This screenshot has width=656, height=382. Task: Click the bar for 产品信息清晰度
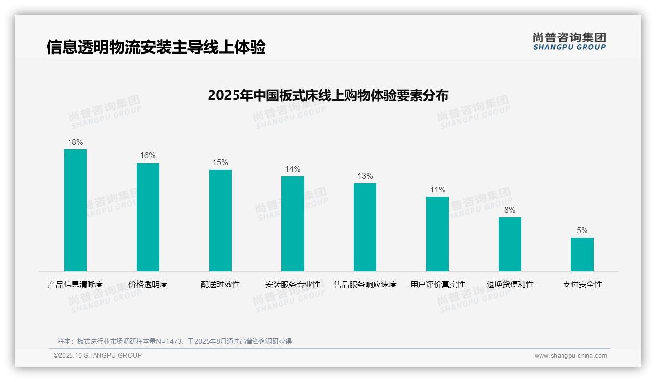tap(75, 210)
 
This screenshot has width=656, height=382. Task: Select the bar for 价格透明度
tap(148, 217)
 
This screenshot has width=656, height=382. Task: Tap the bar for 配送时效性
tap(220, 220)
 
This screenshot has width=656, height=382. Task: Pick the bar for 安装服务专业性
tap(293, 224)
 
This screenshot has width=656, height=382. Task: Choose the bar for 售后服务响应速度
tap(365, 227)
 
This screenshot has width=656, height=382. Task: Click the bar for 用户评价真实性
tap(438, 234)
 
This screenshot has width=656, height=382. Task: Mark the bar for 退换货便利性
tap(510, 244)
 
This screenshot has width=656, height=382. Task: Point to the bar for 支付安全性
tap(582, 254)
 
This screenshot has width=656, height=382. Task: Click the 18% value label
tap(75, 143)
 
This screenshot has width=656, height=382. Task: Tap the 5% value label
tap(582, 231)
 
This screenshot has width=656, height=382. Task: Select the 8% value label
tap(510, 210)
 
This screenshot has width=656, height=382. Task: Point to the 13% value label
tap(365, 176)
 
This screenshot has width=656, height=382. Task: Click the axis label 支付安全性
tap(582, 285)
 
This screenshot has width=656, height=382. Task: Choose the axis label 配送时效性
tap(220, 285)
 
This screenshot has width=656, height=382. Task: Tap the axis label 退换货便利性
tap(510, 285)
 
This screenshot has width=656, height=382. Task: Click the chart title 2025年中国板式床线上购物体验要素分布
tap(328, 95)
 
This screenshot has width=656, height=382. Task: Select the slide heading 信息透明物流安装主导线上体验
tap(156, 48)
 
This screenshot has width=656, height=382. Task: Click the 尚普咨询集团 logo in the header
tap(569, 41)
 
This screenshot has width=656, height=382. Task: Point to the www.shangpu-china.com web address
tap(570, 356)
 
